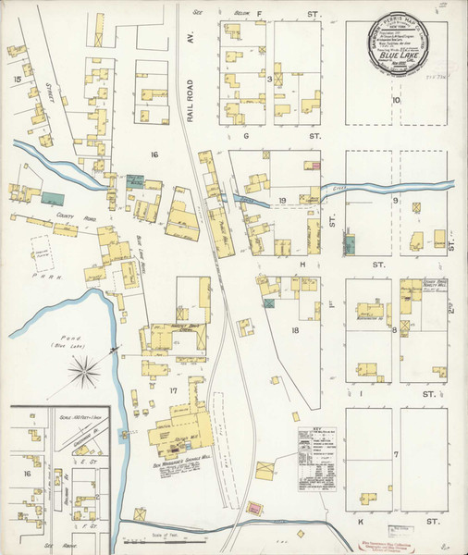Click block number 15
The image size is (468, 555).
click(17, 80)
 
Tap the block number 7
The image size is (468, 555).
click(395, 454)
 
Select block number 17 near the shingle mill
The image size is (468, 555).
click(171, 389)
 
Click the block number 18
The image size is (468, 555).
click(295, 329)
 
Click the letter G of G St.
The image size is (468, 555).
click(246, 136)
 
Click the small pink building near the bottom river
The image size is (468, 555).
click(252, 508)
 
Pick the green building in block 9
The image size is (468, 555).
click(350, 245)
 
